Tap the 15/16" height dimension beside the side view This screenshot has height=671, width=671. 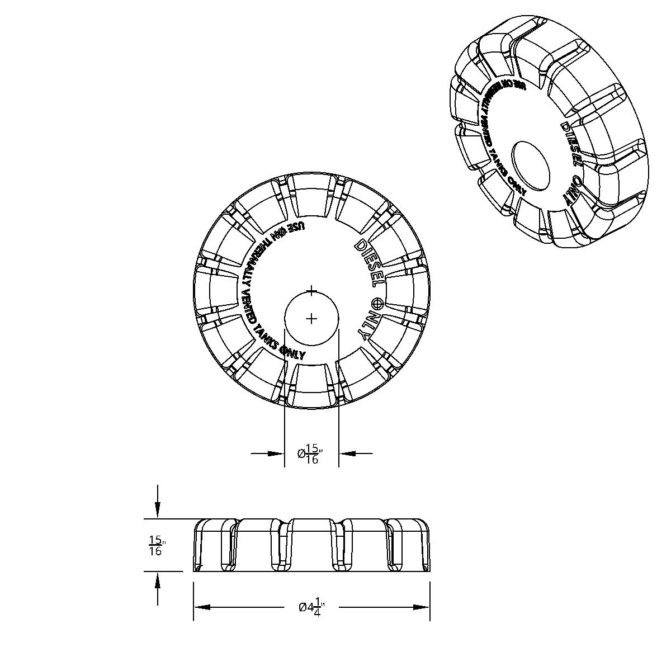[156, 546]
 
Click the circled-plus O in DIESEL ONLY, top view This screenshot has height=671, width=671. [378, 304]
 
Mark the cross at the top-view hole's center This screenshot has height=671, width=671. [312, 318]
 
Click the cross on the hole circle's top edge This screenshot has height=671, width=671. [312, 291]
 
